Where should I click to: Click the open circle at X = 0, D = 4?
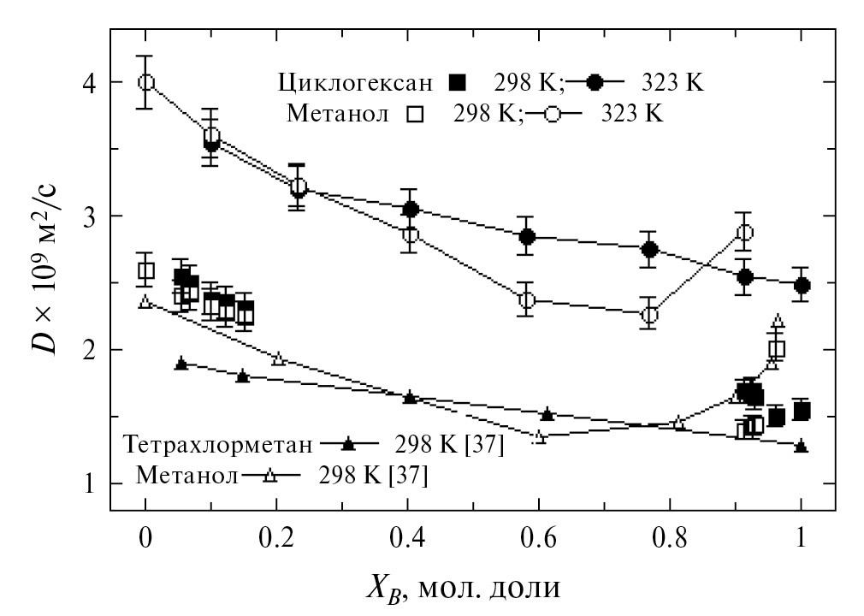click(145, 82)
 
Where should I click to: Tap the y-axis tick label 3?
click(88, 216)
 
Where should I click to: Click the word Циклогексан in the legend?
click(358, 83)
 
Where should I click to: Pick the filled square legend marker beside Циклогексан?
click(459, 83)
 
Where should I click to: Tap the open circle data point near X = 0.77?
click(649, 315)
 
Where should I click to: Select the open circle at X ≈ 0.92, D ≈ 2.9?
click(744, 233)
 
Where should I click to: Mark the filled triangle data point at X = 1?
click(801, 447)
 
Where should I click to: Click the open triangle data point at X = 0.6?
click(540, 436)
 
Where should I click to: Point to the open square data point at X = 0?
click(145, 271)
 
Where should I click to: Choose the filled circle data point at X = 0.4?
click(410, 209)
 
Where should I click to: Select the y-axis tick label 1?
click(88, 483)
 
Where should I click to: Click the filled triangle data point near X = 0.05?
click(180, 364)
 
